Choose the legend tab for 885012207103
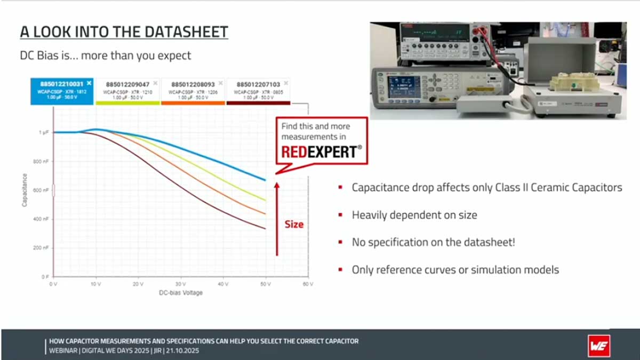pos(258,91)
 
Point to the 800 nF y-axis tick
pos(42,161)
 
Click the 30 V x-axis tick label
pos(180,284)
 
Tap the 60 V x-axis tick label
pos(307,284)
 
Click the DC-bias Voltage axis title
pos(180,293)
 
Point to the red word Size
pos(294,225)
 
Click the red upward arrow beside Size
pos(276,219)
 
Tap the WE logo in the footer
pos(599,345)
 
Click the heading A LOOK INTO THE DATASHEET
pos(124,33)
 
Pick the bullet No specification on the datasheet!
pos(433,242)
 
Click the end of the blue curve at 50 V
pos(265,180)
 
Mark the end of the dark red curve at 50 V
pos(265,229)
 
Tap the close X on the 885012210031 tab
pos(89,83)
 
